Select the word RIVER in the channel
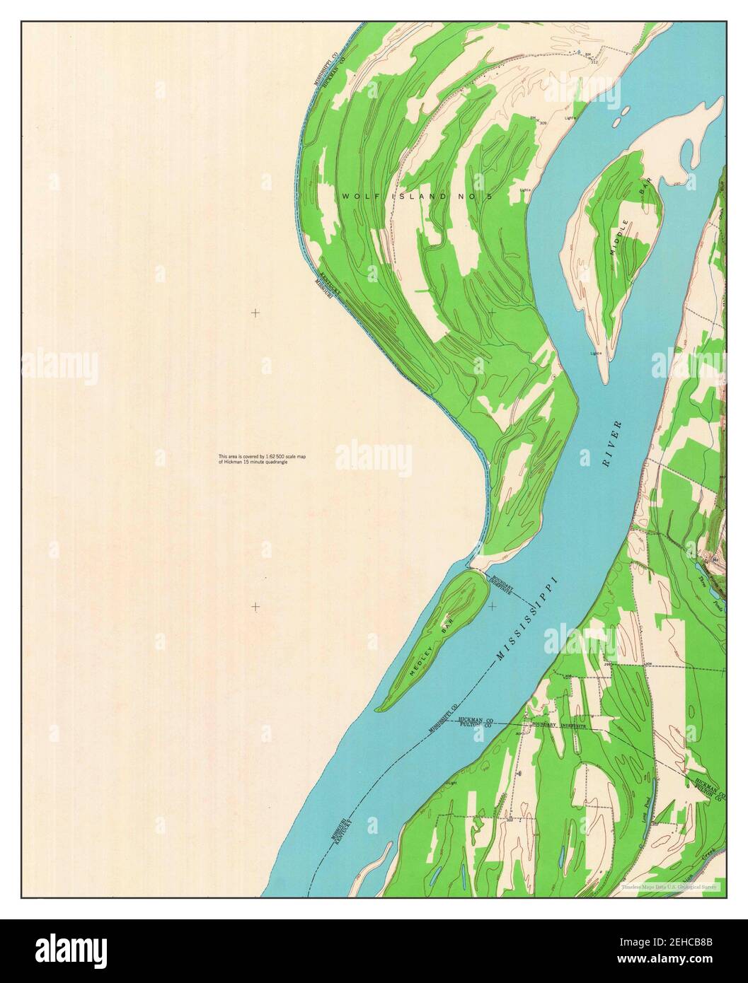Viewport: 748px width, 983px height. (611, 444)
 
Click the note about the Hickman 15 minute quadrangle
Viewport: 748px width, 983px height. (262, 459)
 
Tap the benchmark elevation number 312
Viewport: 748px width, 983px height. (594, 62)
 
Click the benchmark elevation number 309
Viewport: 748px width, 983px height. (543, 123)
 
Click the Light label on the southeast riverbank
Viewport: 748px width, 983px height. (451, 784)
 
